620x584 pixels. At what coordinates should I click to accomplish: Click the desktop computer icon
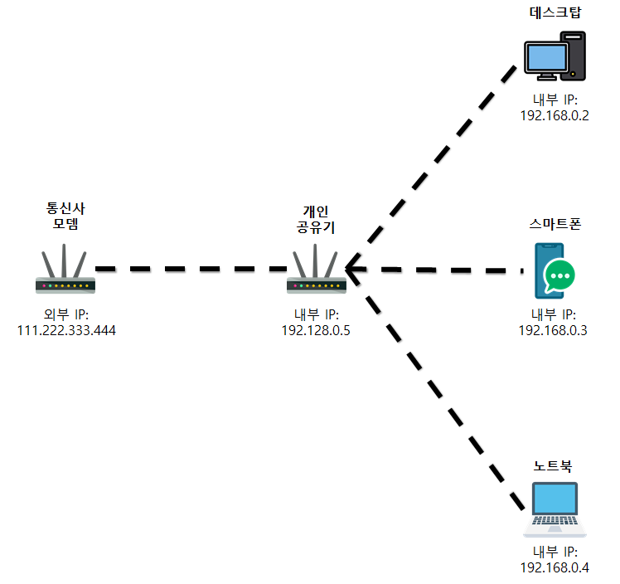(555, 56)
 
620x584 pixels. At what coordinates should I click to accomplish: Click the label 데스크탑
(553, 14)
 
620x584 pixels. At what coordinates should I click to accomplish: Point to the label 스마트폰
(553, 225)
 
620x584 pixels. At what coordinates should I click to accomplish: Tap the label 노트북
(553, 467)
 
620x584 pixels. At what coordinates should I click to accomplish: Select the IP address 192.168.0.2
(553, 116)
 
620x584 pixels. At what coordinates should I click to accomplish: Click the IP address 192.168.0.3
(553, 330)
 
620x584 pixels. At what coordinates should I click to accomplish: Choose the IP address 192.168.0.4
(553, 567)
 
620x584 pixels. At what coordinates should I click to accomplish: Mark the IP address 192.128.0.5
(317, 330)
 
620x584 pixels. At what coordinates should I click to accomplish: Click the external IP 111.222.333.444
(66, 330)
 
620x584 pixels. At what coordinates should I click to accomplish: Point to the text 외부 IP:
(66, 314)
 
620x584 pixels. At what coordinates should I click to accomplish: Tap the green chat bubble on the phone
(559, 276)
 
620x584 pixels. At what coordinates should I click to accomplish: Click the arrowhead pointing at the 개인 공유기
(354, 270)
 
